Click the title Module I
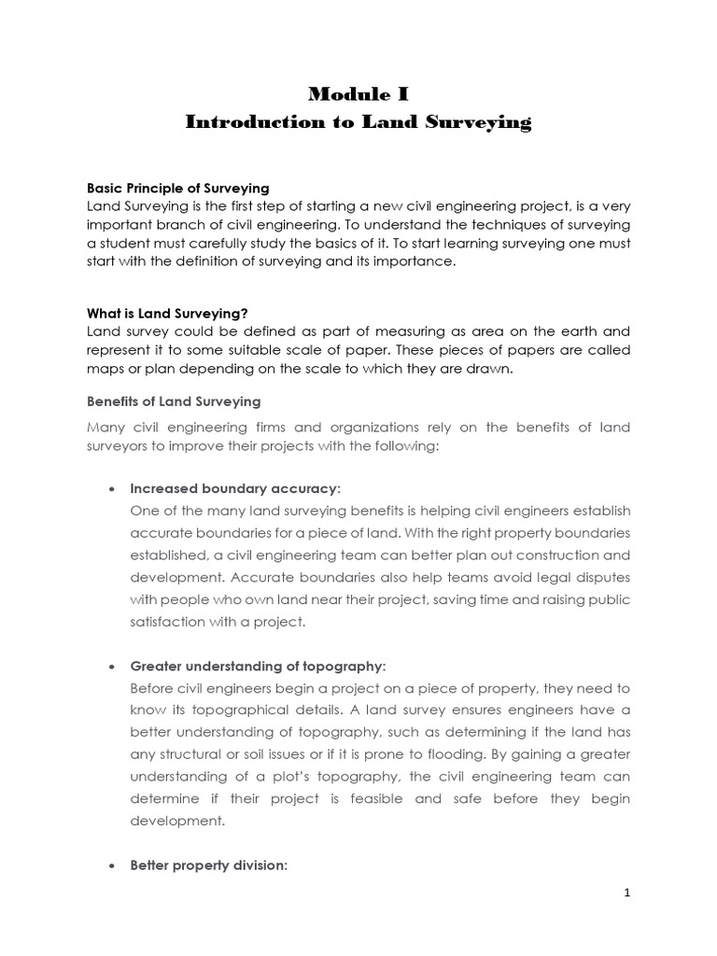(x=358, y=93)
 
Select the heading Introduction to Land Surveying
(x=358, y=122)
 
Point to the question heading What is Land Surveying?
(x=167, y=313)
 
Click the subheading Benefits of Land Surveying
(x=174, y=401)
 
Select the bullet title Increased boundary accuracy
(x=235, y=488)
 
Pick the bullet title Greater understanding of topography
(x=257, y=666)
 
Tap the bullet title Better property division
(x=209, y=865)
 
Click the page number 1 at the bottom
(x=628, y=893)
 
